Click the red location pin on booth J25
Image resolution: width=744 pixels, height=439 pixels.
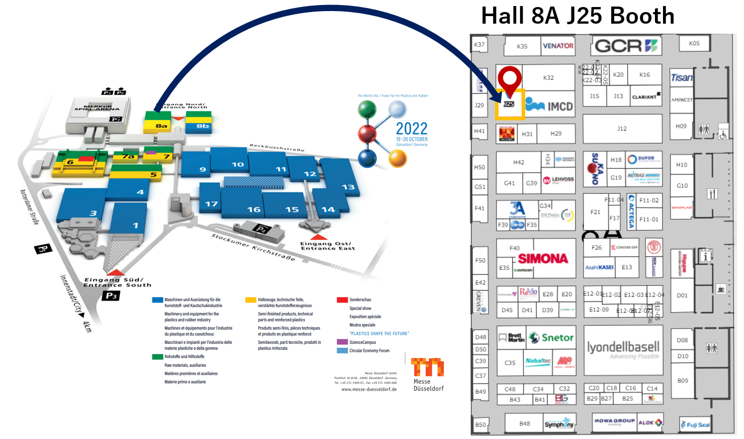click(x=510, y=79)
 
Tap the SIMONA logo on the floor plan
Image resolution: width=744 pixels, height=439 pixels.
click(x=543, y=259)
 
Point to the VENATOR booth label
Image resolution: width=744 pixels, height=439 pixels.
click(x=558, y=46)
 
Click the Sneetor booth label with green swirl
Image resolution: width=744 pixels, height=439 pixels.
click(x=552, y=338)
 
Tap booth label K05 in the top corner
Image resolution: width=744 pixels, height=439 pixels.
click(x=694, y=43)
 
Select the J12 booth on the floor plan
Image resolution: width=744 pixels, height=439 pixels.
click(x=622, y=129)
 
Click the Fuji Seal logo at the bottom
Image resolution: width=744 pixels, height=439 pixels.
click(x=695, y=425)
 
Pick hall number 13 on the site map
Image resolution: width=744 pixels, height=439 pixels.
click(x=348, y=187)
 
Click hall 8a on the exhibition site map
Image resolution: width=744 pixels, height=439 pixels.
click(x=161, y=126)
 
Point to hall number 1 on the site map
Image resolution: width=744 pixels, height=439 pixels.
click(x=135, y=226)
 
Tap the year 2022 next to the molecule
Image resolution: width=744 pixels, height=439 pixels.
click(x=411, y=129)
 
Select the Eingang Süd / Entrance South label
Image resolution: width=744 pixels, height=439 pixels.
click(x=117, y=282)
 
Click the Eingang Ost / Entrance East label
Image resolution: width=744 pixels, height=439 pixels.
click(x=327, y=246)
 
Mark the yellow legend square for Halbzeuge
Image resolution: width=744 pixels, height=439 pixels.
click(x=251, y=300)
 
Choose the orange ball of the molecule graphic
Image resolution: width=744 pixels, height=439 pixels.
click(x=397, y=158)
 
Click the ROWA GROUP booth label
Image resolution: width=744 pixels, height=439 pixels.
click(x=614, y=421)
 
